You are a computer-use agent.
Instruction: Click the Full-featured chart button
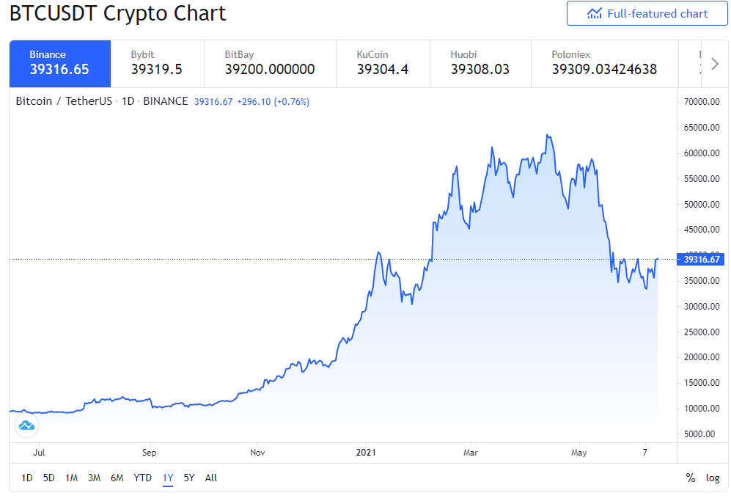point(647,13)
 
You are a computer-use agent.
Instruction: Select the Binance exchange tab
point(60,64)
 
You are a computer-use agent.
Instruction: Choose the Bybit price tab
point(158,64)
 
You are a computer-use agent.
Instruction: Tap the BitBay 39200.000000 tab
point(270,64)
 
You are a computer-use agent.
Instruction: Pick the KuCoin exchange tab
point(383,64)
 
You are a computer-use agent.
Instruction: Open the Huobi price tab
point(480,64)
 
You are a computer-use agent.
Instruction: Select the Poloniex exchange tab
point(605,64)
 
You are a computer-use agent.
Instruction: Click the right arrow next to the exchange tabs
point(715,64)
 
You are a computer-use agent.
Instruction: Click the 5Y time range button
point(189,478)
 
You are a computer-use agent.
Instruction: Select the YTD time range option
point(143,478)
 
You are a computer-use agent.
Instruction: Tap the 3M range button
point(94,478)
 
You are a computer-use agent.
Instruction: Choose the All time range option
point(211,478)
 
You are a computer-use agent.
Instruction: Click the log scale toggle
point(713,478)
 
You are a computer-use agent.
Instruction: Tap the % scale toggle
point(691,478)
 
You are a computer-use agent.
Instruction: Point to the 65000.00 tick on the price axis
point(702,128)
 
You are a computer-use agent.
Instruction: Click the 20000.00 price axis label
point(702,357)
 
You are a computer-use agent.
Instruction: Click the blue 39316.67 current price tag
point(700,260)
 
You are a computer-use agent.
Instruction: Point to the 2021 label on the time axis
point(366,452)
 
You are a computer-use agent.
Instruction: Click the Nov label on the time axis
point(257,452)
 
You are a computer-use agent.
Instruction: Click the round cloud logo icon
point(26,426)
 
